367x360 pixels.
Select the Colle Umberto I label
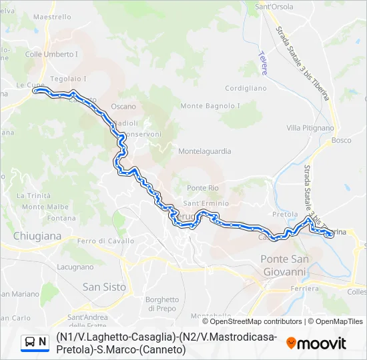coord(51,54)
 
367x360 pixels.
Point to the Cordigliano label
coord(246,88)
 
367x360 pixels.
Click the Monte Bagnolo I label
coord(210,106)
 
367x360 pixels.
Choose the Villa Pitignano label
coord(310,127)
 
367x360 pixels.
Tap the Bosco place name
coord(341,141)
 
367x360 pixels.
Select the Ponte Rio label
coord(203,188)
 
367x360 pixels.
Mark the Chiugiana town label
coord(37,236)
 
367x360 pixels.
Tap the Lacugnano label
coord(75,267)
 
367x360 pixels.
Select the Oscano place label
coord(123,107)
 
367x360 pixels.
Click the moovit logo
coord(316,343)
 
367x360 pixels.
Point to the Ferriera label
coord(305,289)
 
